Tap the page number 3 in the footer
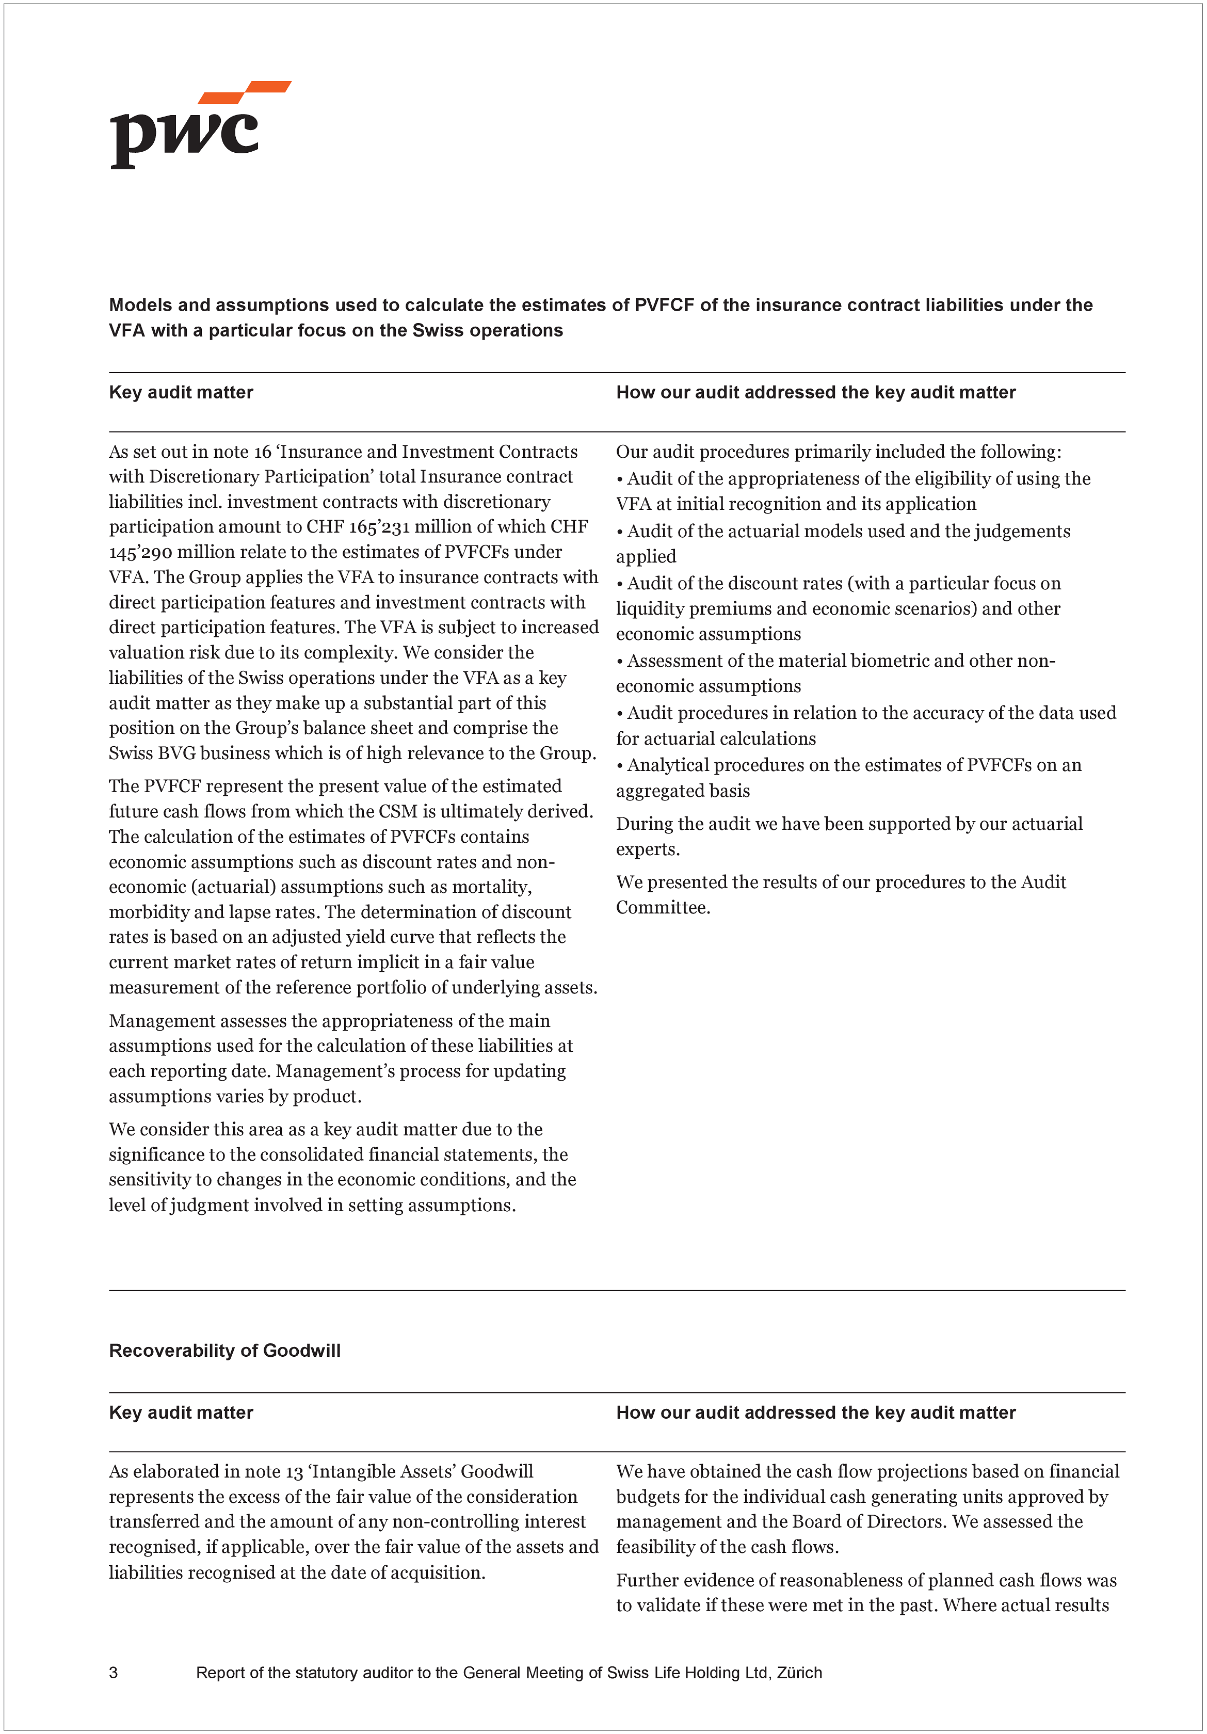coord(114,1672)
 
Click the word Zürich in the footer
coord(799,1672)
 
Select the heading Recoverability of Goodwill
coord(224,1351)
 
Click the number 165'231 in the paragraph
coord(379,527)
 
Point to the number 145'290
coord(141,552)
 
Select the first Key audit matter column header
coord(181,392)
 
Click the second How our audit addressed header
coord(816,1412)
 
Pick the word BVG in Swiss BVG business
coord(175,753)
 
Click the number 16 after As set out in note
coord(262,452)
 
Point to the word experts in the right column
coord(647,849)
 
